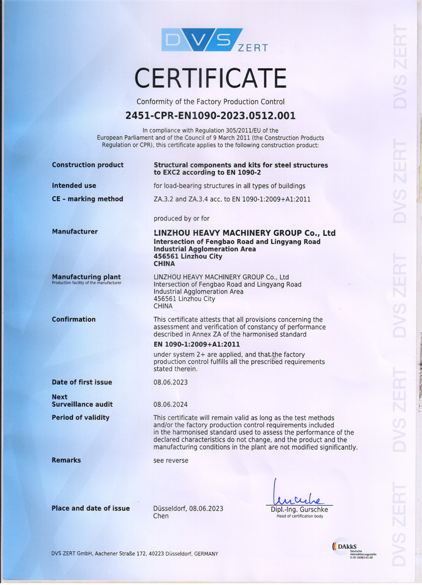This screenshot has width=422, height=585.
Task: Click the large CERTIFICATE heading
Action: tap(210, 78)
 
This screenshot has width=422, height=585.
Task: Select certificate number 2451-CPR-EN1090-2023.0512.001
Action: tap(210, 115)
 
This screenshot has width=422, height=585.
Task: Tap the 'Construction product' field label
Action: tap(88, 165)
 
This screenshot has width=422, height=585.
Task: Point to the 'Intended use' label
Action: tap(74, 186)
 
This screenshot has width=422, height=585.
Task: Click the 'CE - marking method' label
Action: tap(87, 199)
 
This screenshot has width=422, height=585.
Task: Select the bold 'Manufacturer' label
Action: tap(74, 232)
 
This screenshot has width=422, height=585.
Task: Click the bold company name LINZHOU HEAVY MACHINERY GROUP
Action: tap(244, 233)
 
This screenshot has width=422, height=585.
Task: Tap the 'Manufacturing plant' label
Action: tap(86, 277)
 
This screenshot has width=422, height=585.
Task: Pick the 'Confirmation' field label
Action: tap(73, 319)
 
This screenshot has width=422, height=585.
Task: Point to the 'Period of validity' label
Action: tap(80, 418)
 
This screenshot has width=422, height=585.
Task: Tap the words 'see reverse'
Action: tap(170, 460)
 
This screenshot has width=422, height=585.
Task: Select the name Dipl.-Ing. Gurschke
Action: tap(300, 510)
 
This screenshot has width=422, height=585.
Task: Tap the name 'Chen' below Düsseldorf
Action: tap(161, 516)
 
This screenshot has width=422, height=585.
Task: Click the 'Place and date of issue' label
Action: tap(90, 509)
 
